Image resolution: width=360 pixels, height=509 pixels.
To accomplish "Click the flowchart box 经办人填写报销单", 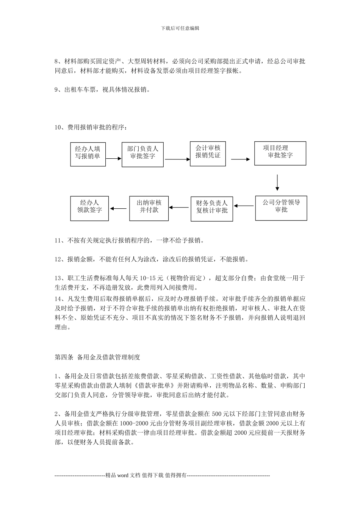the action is (x=88, y=154).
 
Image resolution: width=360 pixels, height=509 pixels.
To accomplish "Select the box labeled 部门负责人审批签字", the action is (x=142, y=155).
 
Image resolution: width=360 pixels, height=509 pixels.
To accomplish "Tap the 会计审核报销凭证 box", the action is (x=208, y=153).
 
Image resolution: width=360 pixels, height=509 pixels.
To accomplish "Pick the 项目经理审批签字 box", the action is (x=280, y=153).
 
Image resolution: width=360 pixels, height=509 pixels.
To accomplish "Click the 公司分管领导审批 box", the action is (x=281, y=208).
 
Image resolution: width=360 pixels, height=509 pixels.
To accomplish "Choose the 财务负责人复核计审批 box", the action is (x=212, y=209).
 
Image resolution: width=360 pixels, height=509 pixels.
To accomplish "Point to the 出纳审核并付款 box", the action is (x=149, y=208).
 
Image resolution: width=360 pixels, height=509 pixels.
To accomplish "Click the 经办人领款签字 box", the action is (x=89, y=208).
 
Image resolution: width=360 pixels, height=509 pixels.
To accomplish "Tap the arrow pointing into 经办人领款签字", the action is (x=118, y=208).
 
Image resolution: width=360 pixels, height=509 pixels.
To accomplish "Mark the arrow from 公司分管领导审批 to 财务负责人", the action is (x=244, y=206).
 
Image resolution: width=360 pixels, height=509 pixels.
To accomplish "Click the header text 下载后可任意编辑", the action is (x=180, y=28).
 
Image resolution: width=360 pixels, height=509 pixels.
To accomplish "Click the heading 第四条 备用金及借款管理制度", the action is (x=97, y=357).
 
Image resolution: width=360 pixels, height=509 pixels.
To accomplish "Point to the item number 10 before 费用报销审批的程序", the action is (x=58, y=127).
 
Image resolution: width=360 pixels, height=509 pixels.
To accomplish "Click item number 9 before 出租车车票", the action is (x=56, y=90).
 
